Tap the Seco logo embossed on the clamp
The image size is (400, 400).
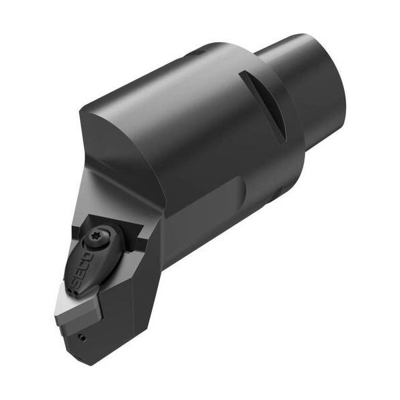click(x=79, y=269)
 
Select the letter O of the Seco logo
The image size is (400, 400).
click(x=86, y=257)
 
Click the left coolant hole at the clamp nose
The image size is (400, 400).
click(x=69, y=289)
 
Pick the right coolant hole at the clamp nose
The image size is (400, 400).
click(x=74, y=293)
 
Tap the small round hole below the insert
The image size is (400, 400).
click(x=82, y=338)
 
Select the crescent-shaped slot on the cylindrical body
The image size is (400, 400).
click(x=265, y=105)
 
